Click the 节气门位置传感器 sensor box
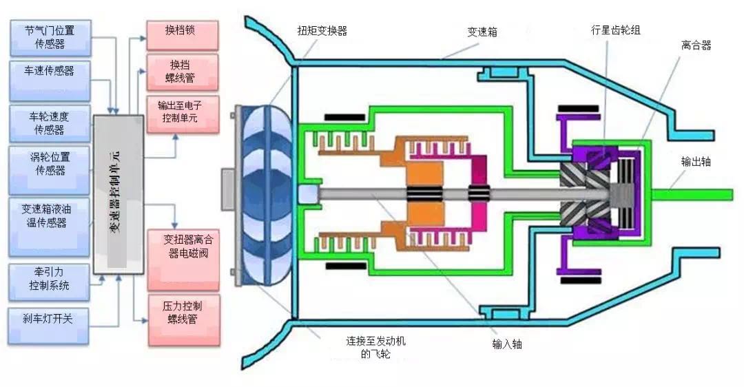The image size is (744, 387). (x=50, y=38)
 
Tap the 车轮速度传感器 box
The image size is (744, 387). (x=50, y=123)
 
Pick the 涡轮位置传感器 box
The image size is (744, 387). (x=50, y=170)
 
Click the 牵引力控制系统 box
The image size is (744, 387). (x=50, y=282)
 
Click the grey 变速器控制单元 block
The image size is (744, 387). (x=118, y=194)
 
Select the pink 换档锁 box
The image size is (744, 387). (x=182, y=35)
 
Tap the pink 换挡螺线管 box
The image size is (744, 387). (x=182, y=72)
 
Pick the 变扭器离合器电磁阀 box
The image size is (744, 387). (x=184, y=260)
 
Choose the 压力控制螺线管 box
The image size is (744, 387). (x=185, y=320)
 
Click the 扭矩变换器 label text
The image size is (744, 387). (x=322, y=31)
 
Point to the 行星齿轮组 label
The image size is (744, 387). (x=616, y=30)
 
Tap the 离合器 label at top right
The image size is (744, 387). (x=696, y=45)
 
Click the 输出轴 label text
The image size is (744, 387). (x=696, y=162)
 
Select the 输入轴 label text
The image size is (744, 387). (x=507, y=344)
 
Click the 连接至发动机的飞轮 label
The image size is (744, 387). (x=376, y=348)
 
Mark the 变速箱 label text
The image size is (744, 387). (x=482, y=32)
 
